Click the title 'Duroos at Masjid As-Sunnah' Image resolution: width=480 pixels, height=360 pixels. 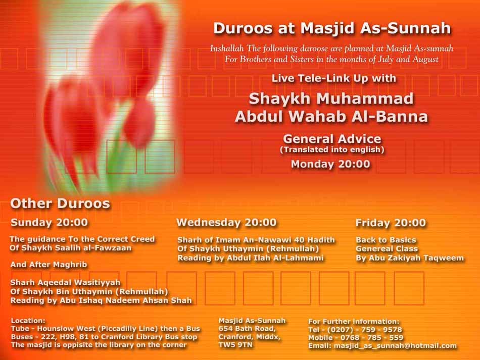[332, 28]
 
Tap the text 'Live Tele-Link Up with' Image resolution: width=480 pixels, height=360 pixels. [333, 78]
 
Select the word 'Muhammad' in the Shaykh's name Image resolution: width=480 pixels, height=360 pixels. [365, 98]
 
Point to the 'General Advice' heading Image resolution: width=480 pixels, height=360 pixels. [332, 139]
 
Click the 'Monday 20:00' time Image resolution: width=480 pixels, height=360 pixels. [330, 164]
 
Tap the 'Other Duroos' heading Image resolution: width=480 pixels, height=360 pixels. [60, 203]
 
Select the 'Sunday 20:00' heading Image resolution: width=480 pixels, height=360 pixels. [50, 222]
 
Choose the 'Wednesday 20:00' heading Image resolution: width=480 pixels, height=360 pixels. [226, 222]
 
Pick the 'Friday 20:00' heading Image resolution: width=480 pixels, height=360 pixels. [391, 223]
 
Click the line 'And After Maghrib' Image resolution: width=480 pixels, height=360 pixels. [49, 265]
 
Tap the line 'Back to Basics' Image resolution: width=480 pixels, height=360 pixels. [386, 240]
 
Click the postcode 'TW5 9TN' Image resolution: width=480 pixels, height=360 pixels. [235, 345]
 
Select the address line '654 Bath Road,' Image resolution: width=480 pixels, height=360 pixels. [248, 329]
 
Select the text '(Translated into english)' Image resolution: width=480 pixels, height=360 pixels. [332, 149]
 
